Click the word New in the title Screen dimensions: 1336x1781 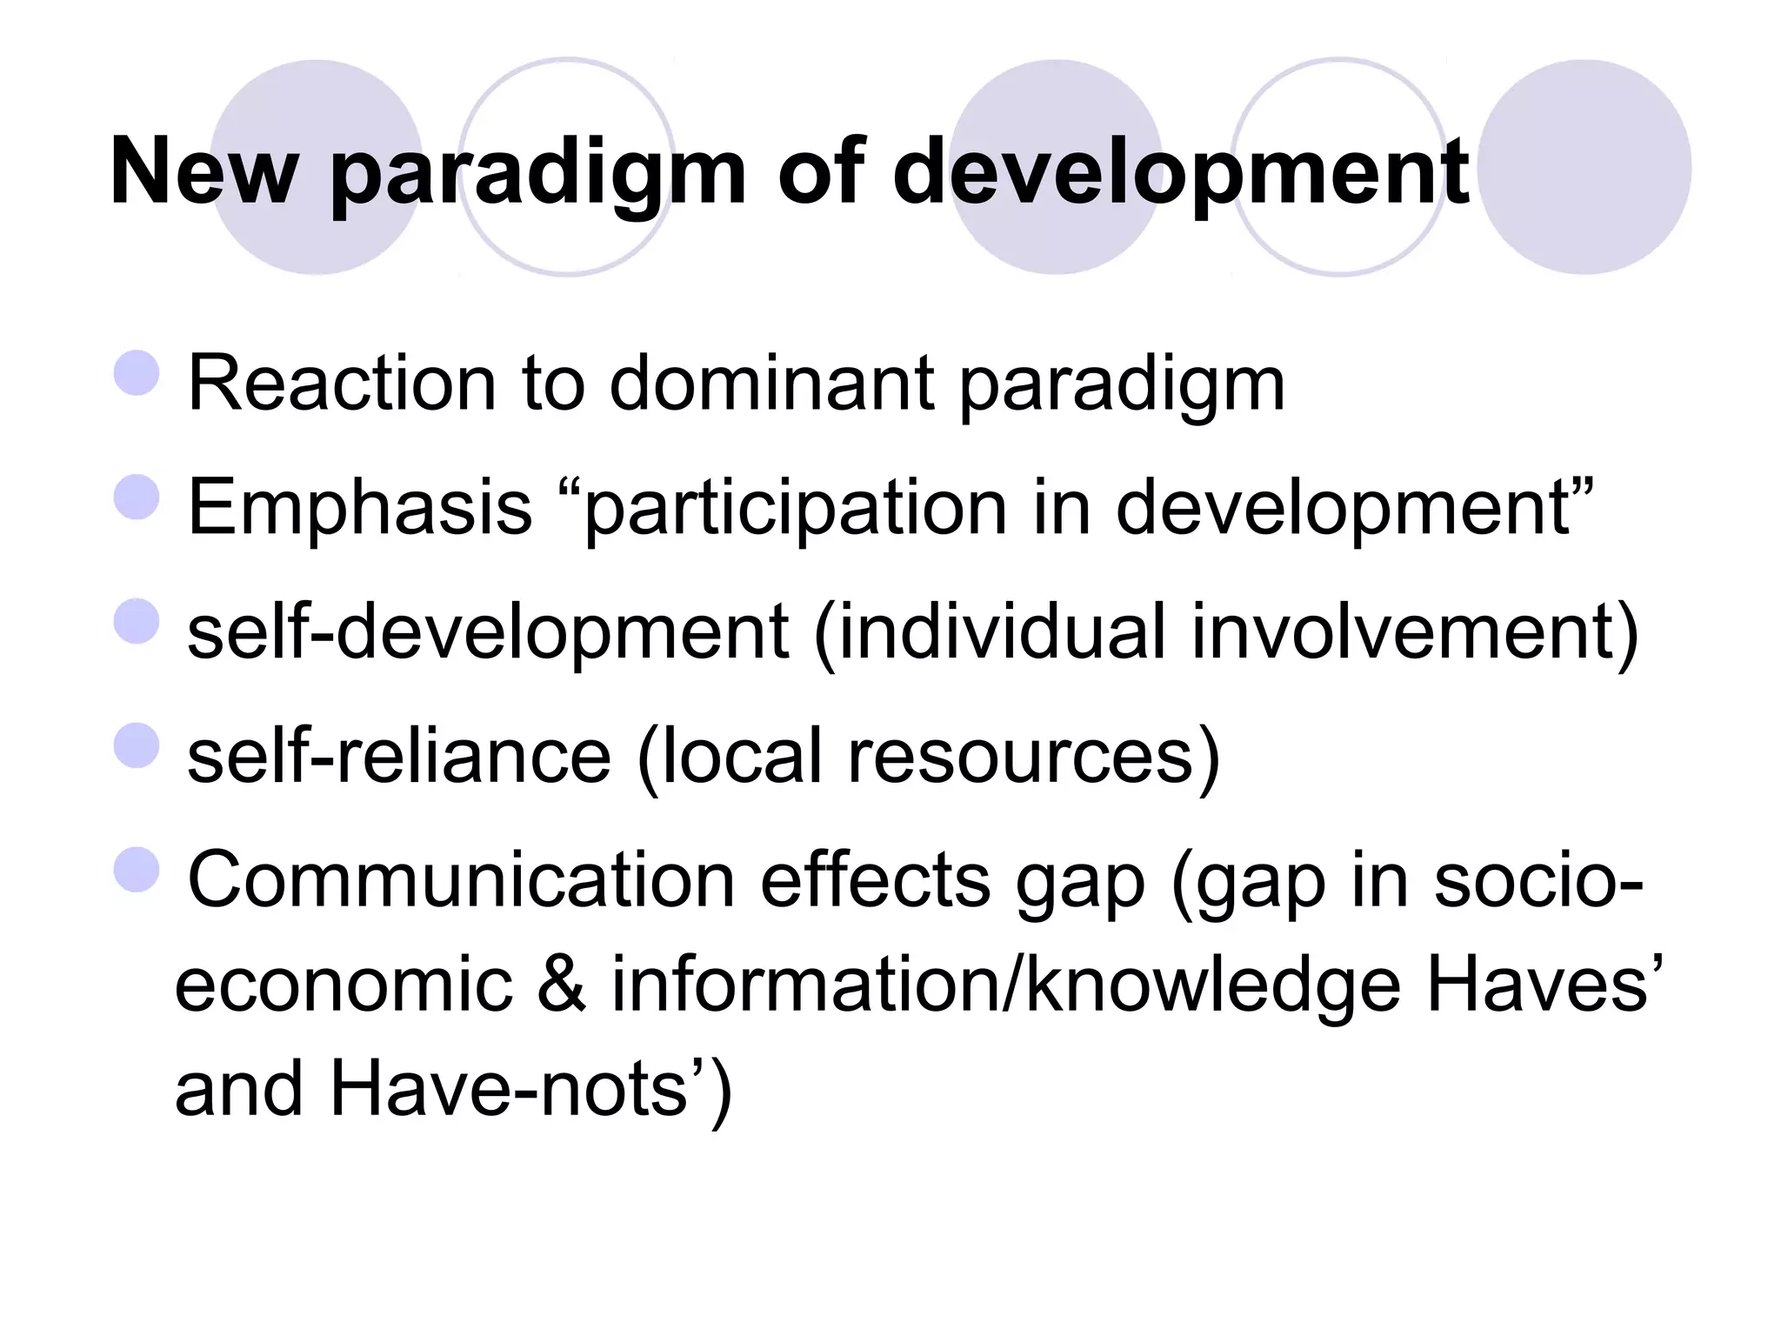point(203,172)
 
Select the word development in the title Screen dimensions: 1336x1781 point(1180,172)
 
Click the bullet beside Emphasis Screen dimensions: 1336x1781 point(137,497)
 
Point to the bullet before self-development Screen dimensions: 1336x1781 point(137,621)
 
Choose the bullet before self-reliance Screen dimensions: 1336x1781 point(137,745)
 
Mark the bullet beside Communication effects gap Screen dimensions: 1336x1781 point(137,870)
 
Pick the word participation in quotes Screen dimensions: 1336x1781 point(796,509)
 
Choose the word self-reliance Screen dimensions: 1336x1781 point(399,756)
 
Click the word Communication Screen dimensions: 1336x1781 point(460,880)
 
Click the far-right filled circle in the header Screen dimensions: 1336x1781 point(1584,167)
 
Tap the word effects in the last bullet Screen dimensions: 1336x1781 point(875,880)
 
